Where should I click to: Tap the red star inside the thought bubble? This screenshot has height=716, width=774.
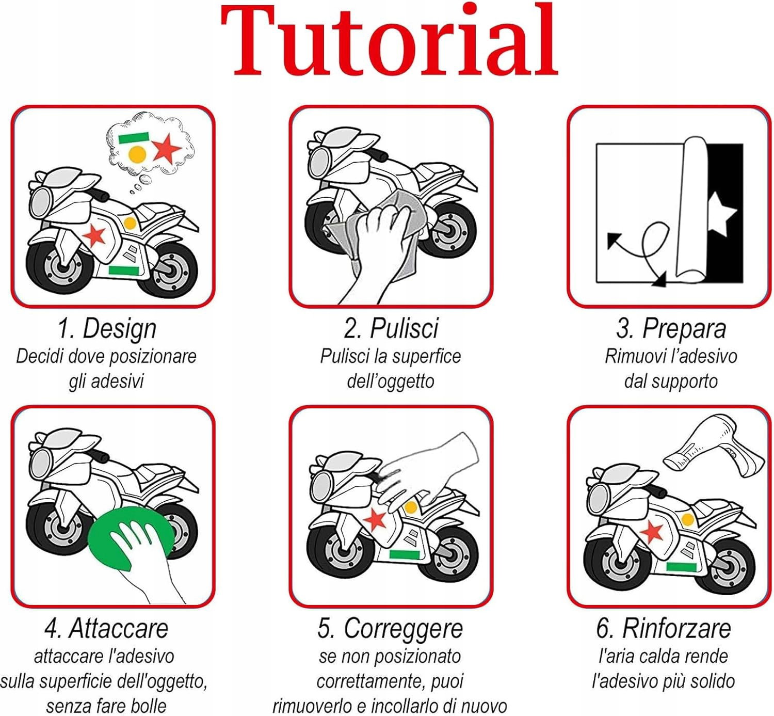tap(167, 149)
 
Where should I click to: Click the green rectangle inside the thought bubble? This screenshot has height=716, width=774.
tap(134, 138)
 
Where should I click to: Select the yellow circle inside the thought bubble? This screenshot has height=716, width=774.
tap(137, 155)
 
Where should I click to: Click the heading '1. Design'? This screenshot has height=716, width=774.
tap(107, 329)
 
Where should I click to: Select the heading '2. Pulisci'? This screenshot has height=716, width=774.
tap(391, 328)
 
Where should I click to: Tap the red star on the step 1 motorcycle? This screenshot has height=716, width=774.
tap(94, 235)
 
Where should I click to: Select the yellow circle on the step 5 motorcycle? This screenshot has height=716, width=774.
tap(410, 507)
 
